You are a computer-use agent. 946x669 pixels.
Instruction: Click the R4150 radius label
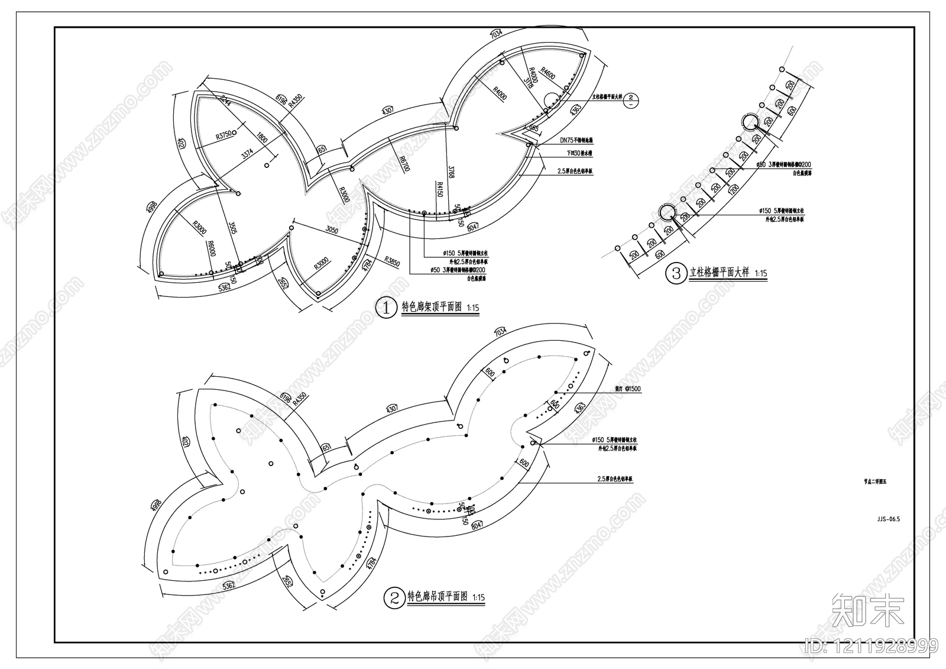click(x=440, y=193)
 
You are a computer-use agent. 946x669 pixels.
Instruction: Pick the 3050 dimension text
click(x=332, y=230)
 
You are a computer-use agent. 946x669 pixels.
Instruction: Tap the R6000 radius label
click(x=210, y=248)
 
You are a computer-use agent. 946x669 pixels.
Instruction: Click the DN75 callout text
click(x=576, y=141)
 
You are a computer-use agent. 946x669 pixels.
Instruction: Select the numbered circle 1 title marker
click(x=386, y=308)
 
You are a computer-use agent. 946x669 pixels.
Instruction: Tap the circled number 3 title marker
click(x=675, y=273)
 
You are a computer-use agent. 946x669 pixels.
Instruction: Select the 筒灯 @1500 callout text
click(x=628, y=389)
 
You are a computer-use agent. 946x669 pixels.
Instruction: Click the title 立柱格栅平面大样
click(x=719, y=273)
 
